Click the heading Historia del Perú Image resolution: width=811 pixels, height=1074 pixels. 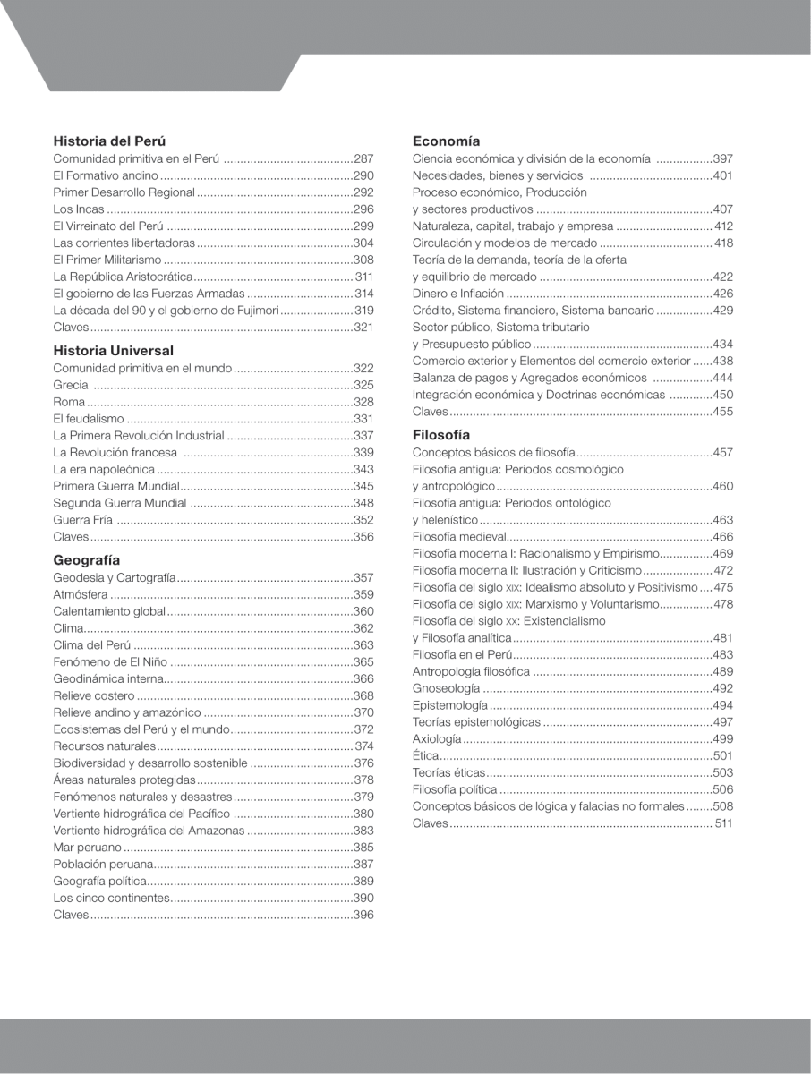pyautogui.click(x=109, y=141)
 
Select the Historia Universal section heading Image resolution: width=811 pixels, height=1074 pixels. pyautogui.click(x=114, y=351)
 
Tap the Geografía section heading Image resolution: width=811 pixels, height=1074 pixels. pyautogui.click(x=87, y=560)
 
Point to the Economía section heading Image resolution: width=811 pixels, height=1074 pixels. pyautogui.click(x=446, y=141)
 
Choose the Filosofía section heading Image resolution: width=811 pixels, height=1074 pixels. pyautogui.click(x=441, y=435)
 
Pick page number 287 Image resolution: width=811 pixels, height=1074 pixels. pyautogui.click(x=363, y=158)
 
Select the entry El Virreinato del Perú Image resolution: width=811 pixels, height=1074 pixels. pyautogui.click(x=107, y=226)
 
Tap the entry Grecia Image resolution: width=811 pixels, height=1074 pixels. pyautogui.click(x=71, y=385)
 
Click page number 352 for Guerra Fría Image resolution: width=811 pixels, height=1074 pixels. pyautogui.click(x=363, y=520)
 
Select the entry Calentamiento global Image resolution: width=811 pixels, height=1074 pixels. pyautogui.click(x=110, y=611)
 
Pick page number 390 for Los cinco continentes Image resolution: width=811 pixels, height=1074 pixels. pyautogui.click(x=363, y=898)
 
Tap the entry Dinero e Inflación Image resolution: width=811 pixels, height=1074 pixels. pyautogui.click(x=458, y=294)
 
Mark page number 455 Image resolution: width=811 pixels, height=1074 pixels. pyautogui.click(x=722, y=412)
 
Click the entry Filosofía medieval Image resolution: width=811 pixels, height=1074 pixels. pyautogui.click(x=459, y=537)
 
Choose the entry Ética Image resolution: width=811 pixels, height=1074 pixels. pyautogui.click(x=424, y=756)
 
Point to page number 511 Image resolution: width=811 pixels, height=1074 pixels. pyautogui.click(x=723, y=823)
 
